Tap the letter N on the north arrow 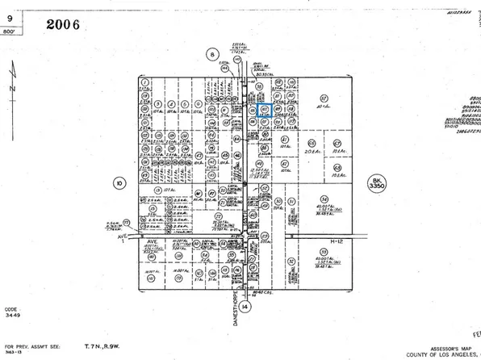[10, 87]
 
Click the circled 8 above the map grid [213, 55]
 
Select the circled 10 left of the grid [119, 183]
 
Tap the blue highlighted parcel [263, 109]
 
